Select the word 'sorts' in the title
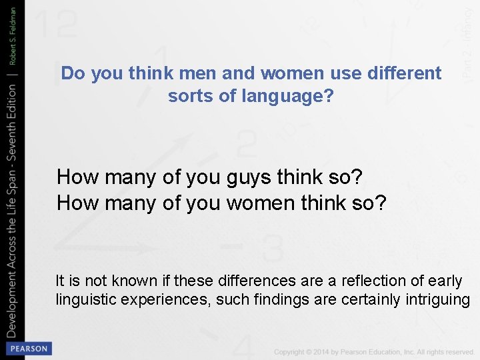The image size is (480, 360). [x=190, y=97]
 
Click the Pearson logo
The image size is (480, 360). [x=28, y=349]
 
